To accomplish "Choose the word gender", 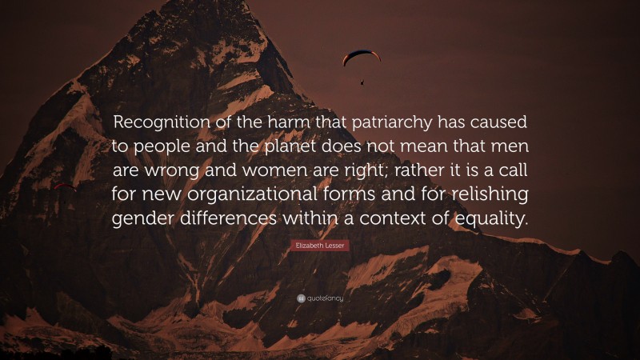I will (x=146, y=220).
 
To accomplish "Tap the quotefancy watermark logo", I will (x=320, y=298).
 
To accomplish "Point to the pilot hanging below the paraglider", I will (x=362, y=81).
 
